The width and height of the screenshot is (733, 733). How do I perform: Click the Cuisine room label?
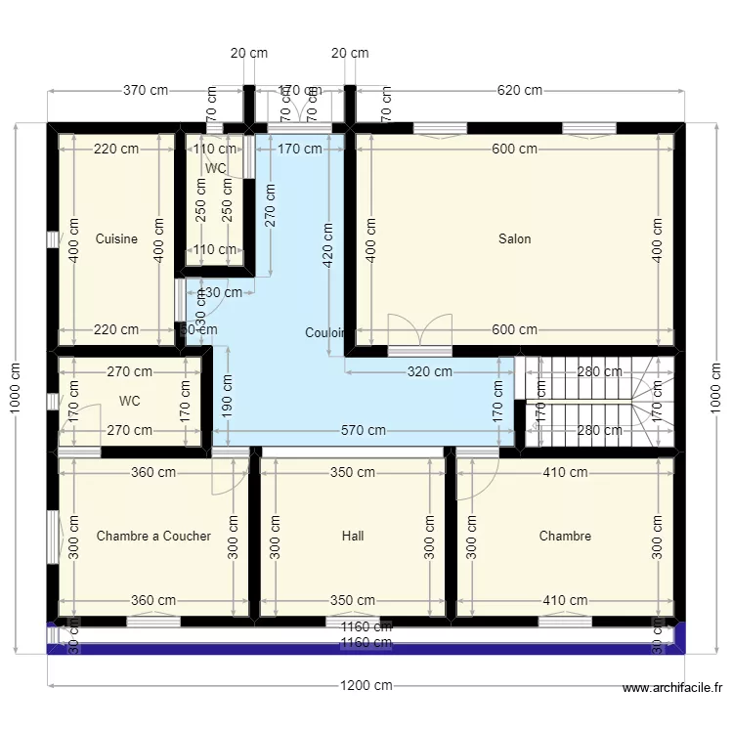116,239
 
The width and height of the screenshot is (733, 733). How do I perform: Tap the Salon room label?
515,239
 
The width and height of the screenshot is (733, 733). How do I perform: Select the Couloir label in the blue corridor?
324,333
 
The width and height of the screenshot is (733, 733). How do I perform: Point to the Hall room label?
353,536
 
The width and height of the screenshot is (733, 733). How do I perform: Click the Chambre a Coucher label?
153,536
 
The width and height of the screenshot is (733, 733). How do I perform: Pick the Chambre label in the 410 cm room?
565,536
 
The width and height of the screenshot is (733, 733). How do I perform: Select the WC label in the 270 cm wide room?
129,401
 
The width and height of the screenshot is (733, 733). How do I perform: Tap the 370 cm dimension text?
145,91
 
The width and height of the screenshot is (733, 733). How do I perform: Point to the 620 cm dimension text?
519,91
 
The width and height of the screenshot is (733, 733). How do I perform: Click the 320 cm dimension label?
429,371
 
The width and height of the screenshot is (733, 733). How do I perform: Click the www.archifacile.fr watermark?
674,688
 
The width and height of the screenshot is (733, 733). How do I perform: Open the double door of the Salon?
419,332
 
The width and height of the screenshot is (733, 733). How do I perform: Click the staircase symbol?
598,401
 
